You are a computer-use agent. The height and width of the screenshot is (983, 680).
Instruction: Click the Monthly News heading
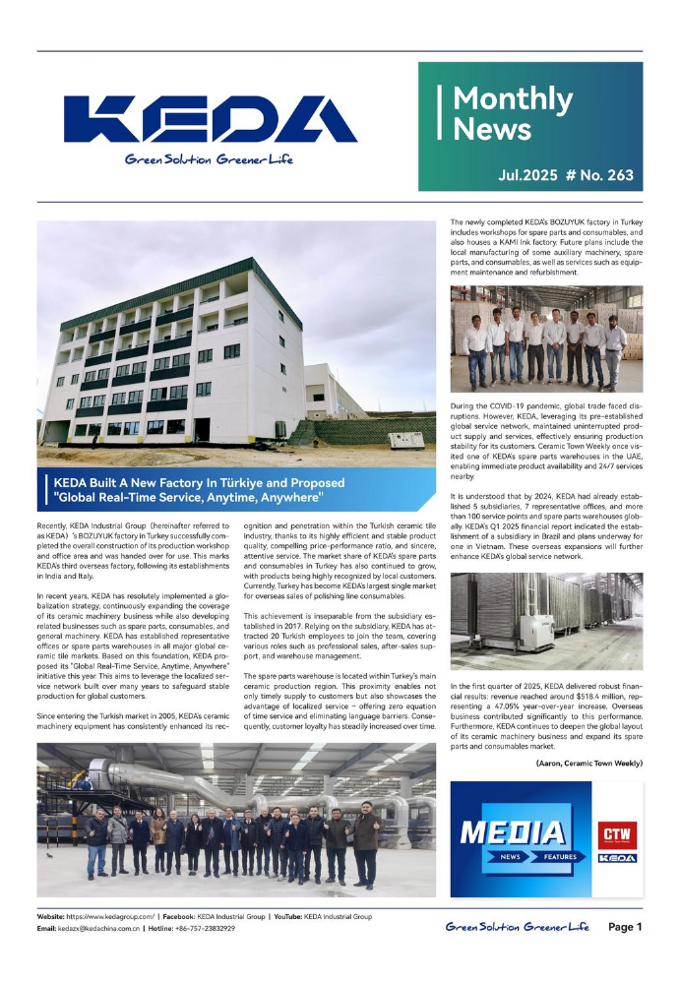pyautogui.click(x=511, y=114)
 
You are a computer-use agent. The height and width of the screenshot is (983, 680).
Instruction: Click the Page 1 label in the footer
pyautogui.click(x=625, y=926)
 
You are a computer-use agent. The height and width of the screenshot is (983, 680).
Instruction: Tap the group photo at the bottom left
pyautogui.click(x=235, y=820)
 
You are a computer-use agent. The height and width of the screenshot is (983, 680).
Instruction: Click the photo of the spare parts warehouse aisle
pyautogui.click(x=546, y=622)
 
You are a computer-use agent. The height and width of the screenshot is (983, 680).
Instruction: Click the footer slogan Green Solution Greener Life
pyautogui.click(x=517, y=926)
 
